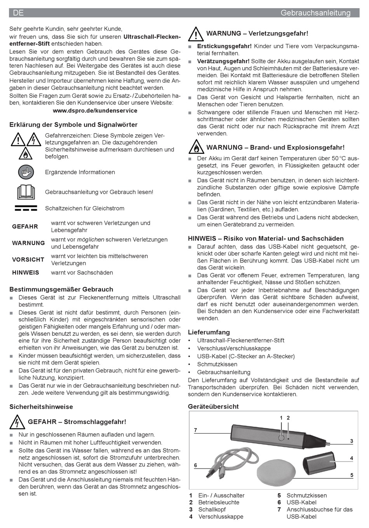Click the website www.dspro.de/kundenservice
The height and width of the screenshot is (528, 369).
[x=95, y=111]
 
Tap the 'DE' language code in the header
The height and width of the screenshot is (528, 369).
[x=18, y=13]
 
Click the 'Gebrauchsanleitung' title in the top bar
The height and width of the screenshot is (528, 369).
[x=315, y=13]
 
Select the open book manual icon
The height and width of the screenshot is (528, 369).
[x=26, y=192]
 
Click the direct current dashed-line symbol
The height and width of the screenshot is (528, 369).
[x=26, y=208]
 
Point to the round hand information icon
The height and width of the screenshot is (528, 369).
[x=26, y=172]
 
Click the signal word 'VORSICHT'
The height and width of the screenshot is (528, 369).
[x=28, y=260]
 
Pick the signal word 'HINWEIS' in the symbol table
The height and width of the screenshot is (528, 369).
[x=26, y=273]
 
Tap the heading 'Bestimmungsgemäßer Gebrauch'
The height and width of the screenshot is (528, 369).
[x=61, y=289]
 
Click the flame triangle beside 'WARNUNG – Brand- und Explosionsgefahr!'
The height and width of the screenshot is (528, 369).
[x=196, y=148]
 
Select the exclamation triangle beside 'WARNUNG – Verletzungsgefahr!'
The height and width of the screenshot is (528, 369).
[x=196, y=34]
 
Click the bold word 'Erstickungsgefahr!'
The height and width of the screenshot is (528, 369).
[x=224, y=46]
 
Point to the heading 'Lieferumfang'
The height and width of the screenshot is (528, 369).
[x=209, y=332]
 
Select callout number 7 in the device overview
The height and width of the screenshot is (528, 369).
[x=196, y=430]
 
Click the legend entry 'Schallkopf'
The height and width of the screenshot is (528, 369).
[x=212, y=509]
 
